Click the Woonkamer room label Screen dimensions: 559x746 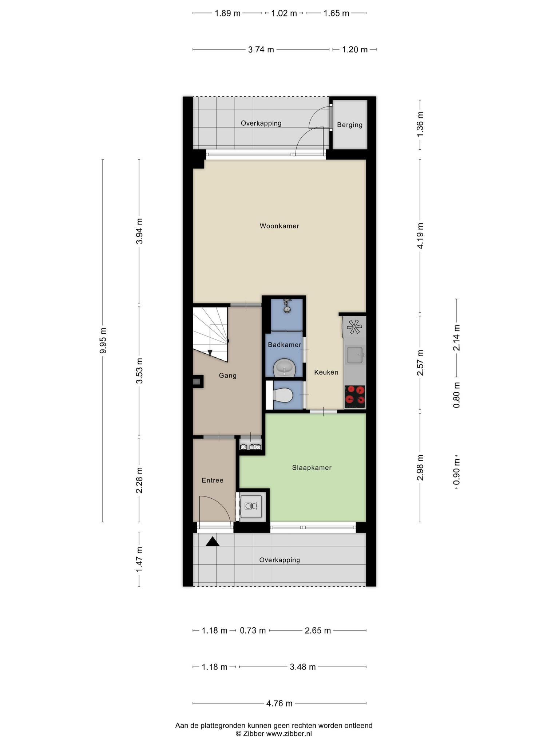point(279,226)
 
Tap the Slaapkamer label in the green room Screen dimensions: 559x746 point(312,468)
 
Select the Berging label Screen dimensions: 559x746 point(350,125)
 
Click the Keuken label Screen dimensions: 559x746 point(326,372)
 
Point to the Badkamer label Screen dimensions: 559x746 point(285,345)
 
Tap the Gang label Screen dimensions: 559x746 point(228,376)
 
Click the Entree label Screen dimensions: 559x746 point(213,480)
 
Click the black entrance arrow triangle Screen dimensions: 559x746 point(213,542)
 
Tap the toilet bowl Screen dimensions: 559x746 point(283,395)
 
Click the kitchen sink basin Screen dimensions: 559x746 point(354,355)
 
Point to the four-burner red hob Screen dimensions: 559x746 point(355,397)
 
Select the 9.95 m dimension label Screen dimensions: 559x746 point(103,340)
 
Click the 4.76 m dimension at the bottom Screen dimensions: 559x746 point(279,703)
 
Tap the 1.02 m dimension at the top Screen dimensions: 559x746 point(284,13)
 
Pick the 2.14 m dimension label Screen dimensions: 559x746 point(456,338)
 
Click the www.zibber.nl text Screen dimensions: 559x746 point(289,734)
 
